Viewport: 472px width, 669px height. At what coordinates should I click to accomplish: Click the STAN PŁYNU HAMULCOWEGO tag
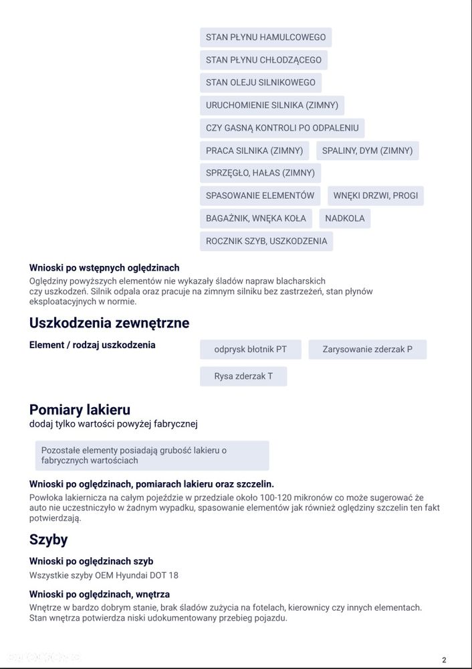point(265,38)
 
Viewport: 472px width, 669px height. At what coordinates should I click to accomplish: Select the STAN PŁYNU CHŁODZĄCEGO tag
point(263,60)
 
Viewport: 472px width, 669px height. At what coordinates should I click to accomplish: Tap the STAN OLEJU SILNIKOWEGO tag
point(260,83)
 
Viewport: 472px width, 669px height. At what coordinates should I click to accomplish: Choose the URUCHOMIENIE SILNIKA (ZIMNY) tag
point(271,106)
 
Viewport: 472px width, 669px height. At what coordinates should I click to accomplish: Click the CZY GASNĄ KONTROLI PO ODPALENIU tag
point(281,128)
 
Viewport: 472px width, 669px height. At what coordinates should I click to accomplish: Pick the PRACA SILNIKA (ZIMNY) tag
point(254,151)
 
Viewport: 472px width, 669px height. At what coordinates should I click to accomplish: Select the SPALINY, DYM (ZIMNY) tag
point(367,151)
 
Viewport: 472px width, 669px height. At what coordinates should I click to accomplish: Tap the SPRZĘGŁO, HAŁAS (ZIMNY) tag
point(260,173)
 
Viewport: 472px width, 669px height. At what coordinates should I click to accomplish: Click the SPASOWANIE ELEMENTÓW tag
point(259,196)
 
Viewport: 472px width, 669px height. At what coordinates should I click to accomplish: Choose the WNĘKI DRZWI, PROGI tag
point(376,196)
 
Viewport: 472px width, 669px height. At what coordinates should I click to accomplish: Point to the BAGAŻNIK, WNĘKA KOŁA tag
point(255,218)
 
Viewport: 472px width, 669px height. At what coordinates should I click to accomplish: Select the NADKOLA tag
point(345,218)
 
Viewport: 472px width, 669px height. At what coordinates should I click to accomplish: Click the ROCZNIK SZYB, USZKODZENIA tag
point(266,241)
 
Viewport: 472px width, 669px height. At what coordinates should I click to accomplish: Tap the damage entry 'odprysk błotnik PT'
point(251,350)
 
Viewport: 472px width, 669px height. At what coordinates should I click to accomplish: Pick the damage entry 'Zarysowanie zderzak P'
point(367,350)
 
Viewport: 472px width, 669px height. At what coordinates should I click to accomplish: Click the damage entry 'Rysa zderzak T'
point(243,376)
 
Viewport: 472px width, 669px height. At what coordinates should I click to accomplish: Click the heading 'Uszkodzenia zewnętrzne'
point(109,323)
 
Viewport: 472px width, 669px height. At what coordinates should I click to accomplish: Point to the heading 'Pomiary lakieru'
point(80,410)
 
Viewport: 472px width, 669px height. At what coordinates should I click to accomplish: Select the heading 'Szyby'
point(48,540)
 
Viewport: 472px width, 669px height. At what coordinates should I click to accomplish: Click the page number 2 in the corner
point(444,660)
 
